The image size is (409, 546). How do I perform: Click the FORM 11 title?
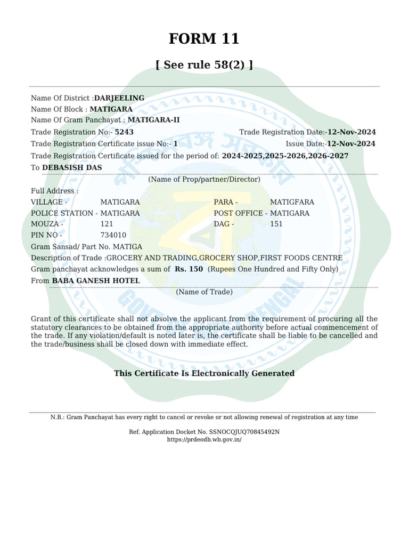(x=204, y=39)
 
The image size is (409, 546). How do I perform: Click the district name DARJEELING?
(x=119, y=98)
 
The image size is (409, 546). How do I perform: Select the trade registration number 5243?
(x=124, y=132)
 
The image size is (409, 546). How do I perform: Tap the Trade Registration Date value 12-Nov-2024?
(x=351, y=132)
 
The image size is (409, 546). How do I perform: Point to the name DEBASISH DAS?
(x=72, y=167)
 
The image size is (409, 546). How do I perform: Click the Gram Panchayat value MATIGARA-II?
(x=154, y=120)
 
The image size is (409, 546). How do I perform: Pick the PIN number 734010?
(x=113, y=235)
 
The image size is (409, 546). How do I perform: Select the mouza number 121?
(x=107, y=224)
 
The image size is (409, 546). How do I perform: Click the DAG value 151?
(x=276, y=224)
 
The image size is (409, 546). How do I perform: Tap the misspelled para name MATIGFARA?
(x=292, y=202)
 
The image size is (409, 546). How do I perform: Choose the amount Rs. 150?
(x=189, y=269)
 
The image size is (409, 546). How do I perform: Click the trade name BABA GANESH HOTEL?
(x=96, y=280)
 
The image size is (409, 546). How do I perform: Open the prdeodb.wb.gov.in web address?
(x=204, y=439)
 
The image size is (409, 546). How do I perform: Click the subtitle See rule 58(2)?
(x=204, y=65)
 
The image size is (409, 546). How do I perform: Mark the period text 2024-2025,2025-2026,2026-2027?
(x=285, y=156)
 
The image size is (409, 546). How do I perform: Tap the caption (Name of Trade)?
(x=204, y=292)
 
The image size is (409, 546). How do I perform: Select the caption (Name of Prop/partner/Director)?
(x=204, y=179)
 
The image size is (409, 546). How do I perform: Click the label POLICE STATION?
(x=62, y=213)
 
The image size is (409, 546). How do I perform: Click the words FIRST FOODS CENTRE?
(x=301, y=258)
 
